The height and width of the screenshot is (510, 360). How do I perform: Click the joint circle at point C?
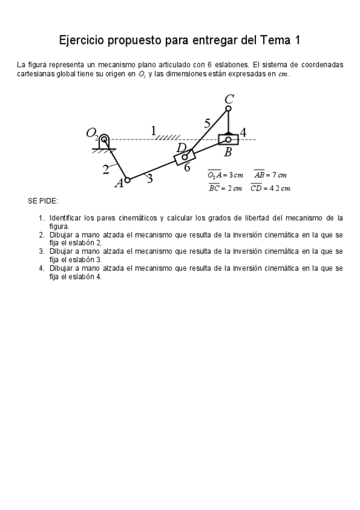228,109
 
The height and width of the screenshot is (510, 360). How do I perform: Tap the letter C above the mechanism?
229,99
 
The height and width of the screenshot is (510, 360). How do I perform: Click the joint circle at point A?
127,179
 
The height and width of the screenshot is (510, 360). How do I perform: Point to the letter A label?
119,183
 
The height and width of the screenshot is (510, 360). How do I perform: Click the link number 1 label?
153,130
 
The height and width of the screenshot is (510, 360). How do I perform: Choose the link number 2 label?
106,169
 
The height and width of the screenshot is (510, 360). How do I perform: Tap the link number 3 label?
149,177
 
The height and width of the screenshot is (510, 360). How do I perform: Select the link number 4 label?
243,131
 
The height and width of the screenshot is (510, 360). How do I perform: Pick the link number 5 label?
207,123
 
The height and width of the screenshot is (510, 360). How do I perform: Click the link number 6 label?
187,167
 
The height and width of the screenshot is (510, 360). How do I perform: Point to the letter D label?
181,147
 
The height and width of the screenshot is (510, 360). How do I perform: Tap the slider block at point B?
228,140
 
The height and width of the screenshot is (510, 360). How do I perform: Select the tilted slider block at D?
185,157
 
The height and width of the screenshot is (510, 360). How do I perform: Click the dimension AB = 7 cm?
270,174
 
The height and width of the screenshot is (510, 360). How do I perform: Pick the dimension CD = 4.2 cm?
270,188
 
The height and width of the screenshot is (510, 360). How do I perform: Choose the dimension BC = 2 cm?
225,188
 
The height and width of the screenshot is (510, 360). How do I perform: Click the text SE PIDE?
43,201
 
